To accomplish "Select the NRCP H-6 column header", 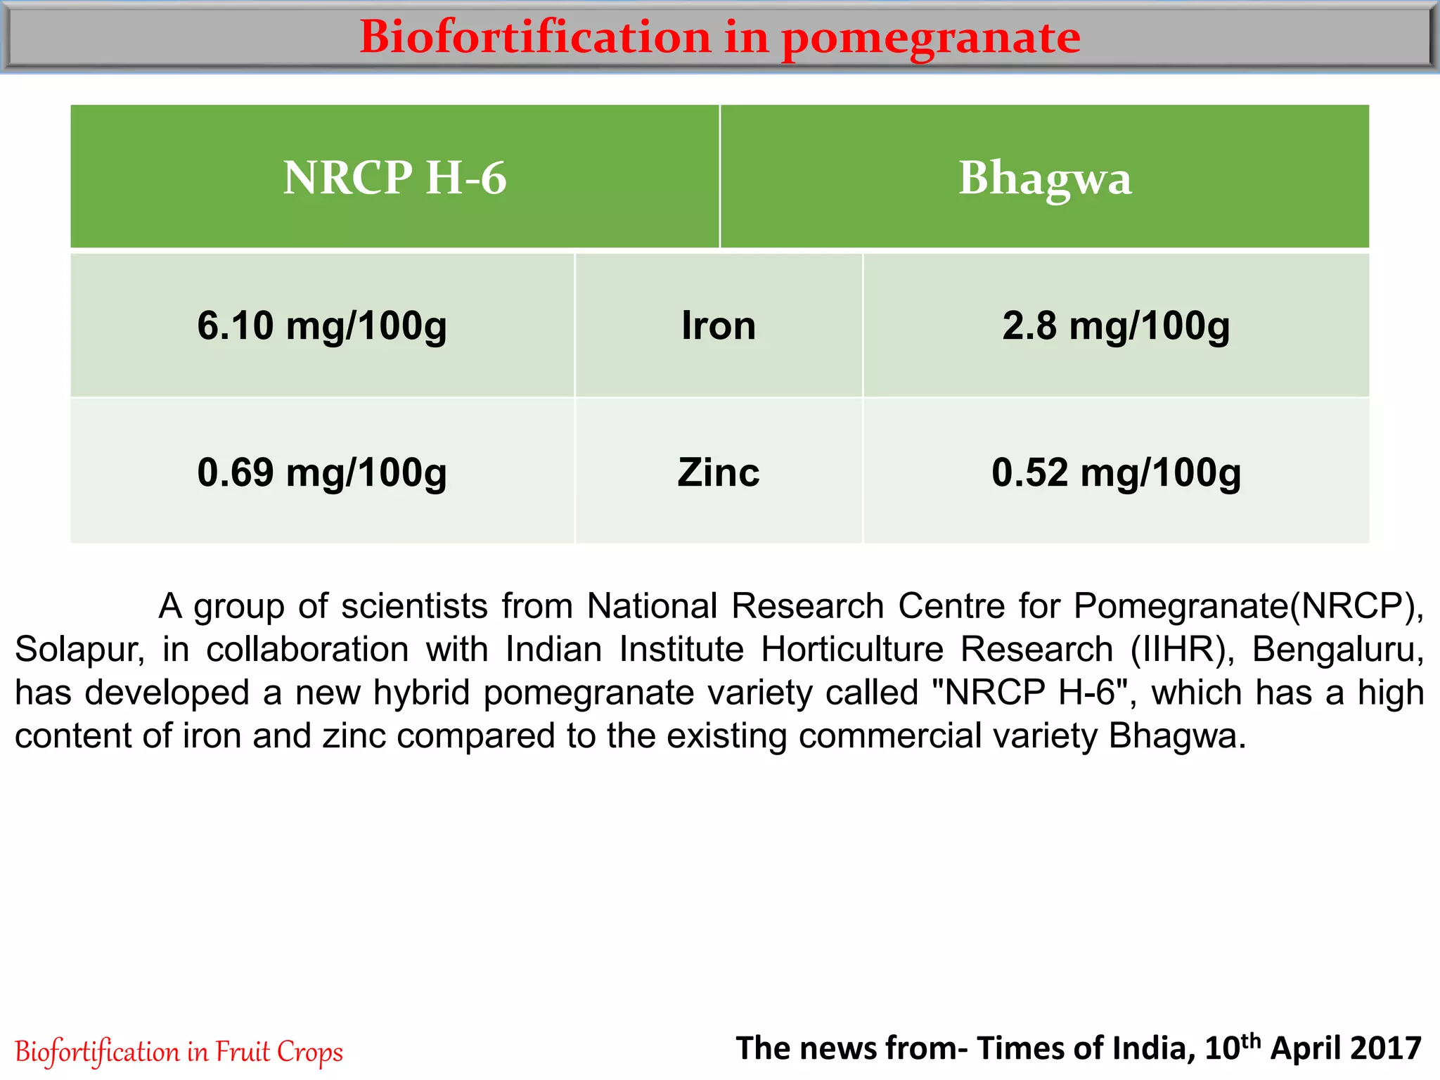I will pyautogui.click(x=394, y=177).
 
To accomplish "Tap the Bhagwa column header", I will pyautogui.click(x=1045, y=177).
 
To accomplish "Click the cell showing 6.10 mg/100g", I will pyautogui.click(x=322, y=326).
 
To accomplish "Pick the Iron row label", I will pyautogui.click(x=719, y=326).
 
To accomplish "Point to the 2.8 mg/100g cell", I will pyautogui.click(x=1116, y=326).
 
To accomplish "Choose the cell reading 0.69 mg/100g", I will pyautogui.click(x=322, y=472).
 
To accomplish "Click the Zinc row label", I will pyautogui.click(x=719, y=472).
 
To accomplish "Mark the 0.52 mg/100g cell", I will pyautogui.click(x=1116, y=472).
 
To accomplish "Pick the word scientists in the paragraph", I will pyautogui.click(x=414, y=606).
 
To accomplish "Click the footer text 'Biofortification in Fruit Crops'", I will pyautogui.click(x=179, y=1052).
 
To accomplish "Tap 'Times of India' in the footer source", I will pyautogui.click(x=1086, y=1048).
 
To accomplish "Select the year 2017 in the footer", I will pyautogui.click(x=1385, y=1048).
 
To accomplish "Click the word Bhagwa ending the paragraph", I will pyautogui.click(x=1177, y=736).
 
